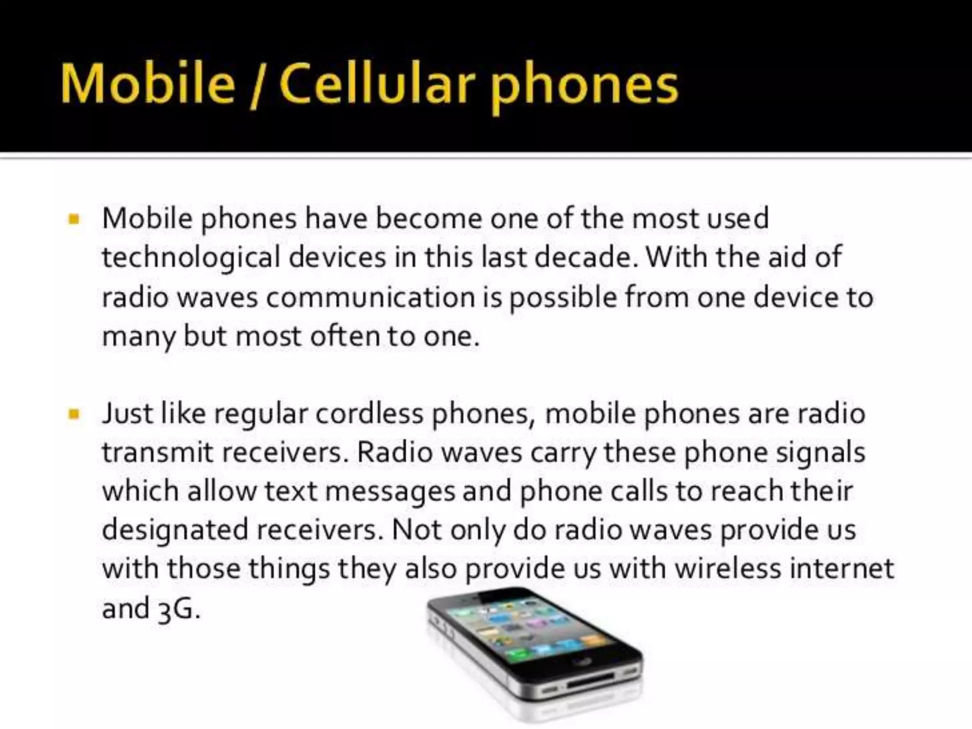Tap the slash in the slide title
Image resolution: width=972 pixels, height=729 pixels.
pos(256,85)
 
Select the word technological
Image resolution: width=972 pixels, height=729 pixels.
pos(191,258)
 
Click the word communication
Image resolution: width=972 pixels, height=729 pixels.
pos(370,298)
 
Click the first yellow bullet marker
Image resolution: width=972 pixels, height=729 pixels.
pos(74,219)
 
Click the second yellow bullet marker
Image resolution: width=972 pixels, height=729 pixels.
pos(74,414)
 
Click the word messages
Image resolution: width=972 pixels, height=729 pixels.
pos(390,492)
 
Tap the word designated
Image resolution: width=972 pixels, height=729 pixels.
pos(175,530)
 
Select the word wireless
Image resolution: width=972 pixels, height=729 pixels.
pos(727,568)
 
